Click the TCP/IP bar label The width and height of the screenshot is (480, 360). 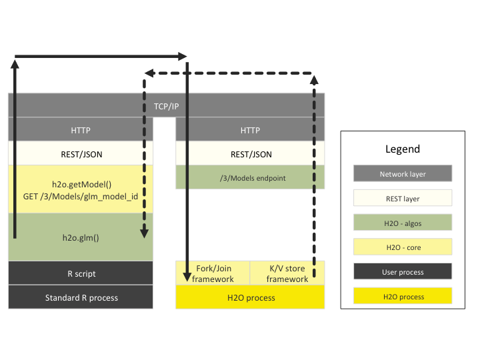(167, 106)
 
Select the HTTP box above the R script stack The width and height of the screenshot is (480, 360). (81, 130)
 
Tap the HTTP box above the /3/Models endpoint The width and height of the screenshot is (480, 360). (250, 130)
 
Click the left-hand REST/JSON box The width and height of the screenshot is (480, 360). (81, 154)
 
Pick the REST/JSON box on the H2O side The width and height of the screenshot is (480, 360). (251, 154)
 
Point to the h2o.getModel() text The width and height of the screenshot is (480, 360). (81, 184)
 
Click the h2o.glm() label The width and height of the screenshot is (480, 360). (81, 237)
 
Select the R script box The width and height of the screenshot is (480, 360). (81, 273)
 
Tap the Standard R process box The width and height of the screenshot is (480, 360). (81, 297)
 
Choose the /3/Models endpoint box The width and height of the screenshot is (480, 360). (250, 177)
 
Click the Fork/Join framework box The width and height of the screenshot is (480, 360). (213, 273)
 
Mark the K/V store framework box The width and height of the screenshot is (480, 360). (287, 273)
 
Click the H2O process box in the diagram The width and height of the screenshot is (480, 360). (250, 297)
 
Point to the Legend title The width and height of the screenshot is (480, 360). (403, 149)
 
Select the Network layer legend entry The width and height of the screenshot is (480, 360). (403, 174)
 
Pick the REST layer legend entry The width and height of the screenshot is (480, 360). (403, 198)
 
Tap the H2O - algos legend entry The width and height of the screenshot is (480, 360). (403, 223)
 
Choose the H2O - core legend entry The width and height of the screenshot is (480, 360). (403, 247)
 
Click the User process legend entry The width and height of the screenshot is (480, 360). (403, 271)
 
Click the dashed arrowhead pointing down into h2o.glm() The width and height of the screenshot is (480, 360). (144, 233)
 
